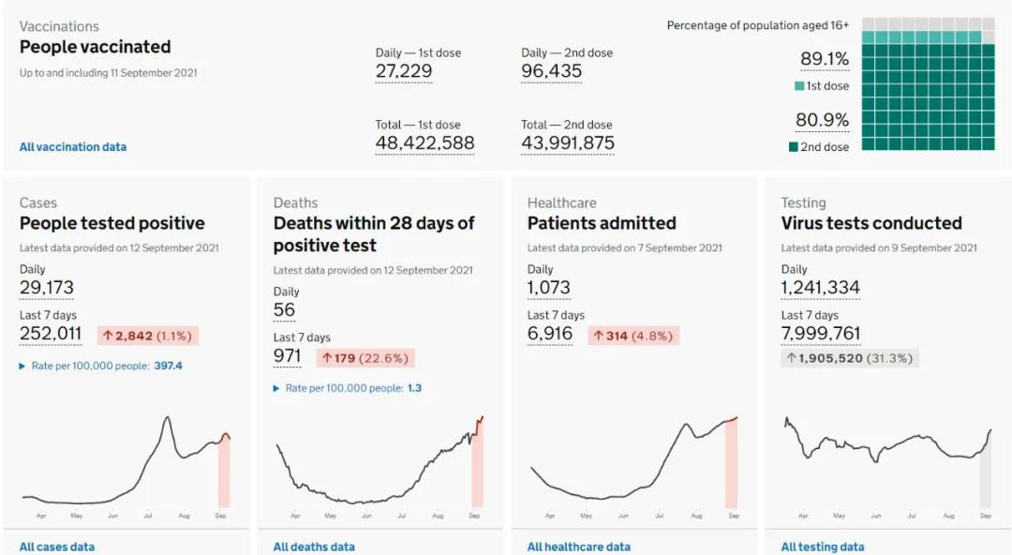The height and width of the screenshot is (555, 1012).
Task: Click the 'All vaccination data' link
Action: coord(73,147)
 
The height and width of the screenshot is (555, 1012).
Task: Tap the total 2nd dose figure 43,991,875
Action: coord(568,143)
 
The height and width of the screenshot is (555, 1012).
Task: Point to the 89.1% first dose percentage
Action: coord(825,60)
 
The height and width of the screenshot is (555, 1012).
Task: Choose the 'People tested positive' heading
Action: coord(112,223)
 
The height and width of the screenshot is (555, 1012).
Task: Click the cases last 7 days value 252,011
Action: coord(51,334)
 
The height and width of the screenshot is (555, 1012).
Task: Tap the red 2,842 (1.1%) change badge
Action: coord(148,335)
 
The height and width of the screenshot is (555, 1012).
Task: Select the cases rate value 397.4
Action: coord(168,366)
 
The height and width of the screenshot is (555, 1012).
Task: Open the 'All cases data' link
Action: coord(57,547)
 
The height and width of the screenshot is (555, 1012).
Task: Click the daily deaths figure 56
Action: coord(284,310)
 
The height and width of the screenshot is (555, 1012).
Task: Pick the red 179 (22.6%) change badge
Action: coord(365,357)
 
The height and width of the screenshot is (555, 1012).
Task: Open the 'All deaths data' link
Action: coord(314,547)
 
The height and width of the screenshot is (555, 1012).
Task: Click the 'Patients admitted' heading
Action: coord(602,223)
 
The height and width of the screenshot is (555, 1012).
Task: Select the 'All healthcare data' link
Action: coord(579,547)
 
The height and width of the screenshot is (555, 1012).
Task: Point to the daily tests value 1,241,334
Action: coord(821,288)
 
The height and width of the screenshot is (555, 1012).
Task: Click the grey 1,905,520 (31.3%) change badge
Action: coord(850,358)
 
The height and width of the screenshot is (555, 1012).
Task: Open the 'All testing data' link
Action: coord(823,547)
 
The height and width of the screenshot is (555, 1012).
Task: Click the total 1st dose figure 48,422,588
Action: coord(425,143)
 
